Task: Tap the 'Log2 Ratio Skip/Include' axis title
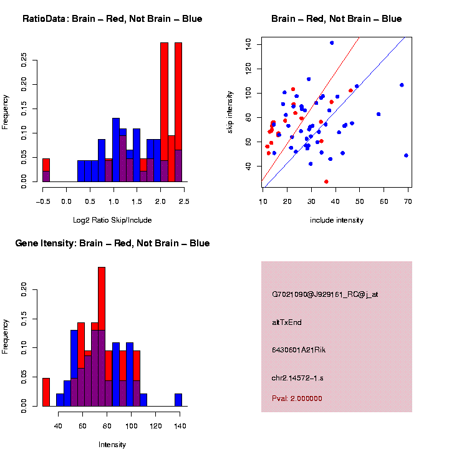(113, 220)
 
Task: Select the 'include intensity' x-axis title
(336, 220)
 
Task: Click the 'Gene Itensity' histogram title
(112, 243)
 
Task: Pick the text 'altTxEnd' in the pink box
(287, 322)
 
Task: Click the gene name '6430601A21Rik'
(299, 350)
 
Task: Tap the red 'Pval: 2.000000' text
(297, 398)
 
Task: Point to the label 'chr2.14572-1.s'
(298, 378)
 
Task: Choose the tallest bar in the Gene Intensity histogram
(102, 337)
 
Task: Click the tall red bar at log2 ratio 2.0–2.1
(165, 112)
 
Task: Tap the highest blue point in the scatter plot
(332, 43)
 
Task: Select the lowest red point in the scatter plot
(326, 181)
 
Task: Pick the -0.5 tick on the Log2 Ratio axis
(43, 201)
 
